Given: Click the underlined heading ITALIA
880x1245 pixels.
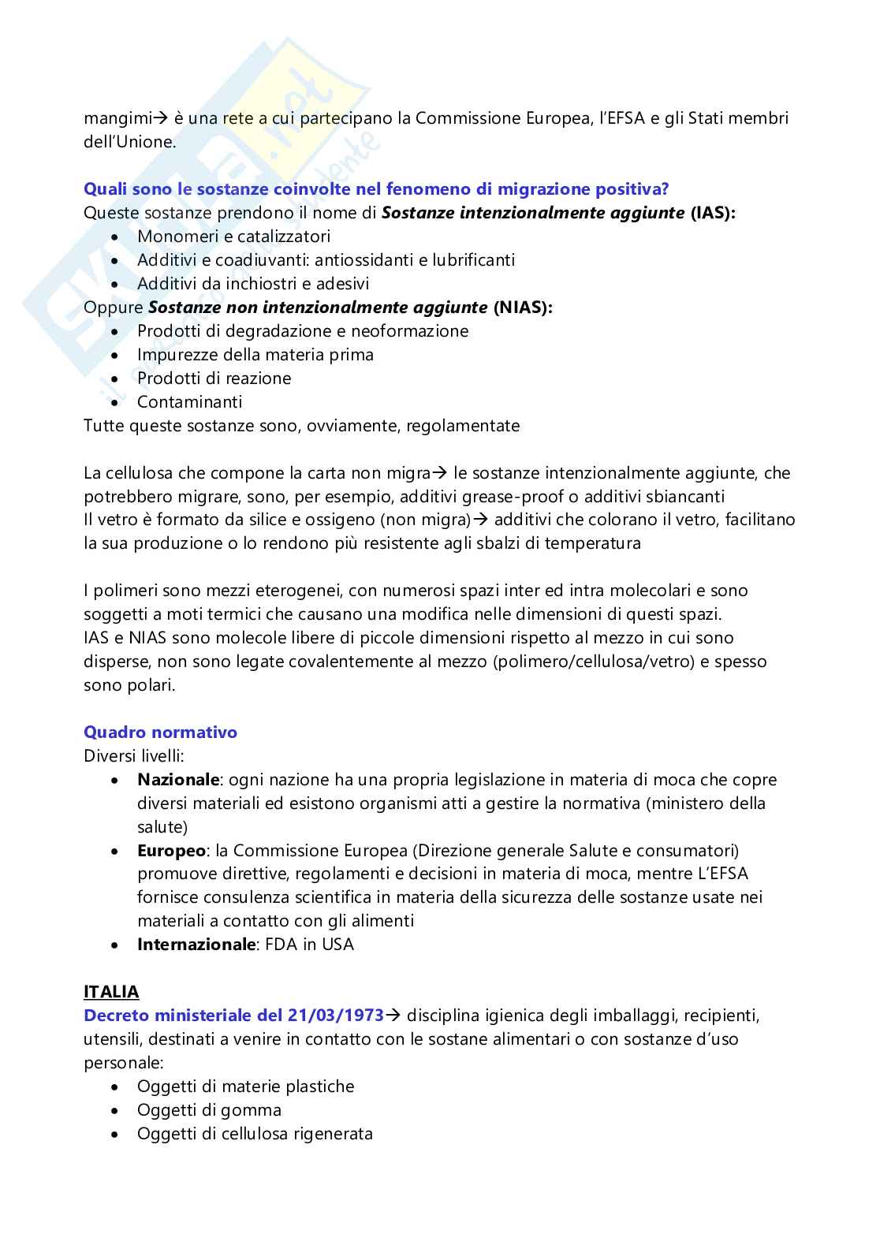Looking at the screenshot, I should click(x=111, y=992).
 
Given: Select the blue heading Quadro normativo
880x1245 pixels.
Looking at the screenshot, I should click(x=160, y=732).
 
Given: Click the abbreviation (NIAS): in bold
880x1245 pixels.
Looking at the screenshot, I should click(x=523, y=308).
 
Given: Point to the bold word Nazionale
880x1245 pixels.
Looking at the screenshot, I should click(x=177, y=780).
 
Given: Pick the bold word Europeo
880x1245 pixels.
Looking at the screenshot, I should click(x=171, y=851).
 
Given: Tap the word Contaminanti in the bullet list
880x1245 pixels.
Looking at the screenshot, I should click(x=189, y=402).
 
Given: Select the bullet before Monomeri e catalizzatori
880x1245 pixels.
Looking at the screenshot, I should click(x=117, y=237).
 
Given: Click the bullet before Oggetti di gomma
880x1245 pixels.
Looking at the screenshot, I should click(x=117, y=1110).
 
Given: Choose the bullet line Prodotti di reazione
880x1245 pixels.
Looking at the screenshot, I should click(x=214, y=378).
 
